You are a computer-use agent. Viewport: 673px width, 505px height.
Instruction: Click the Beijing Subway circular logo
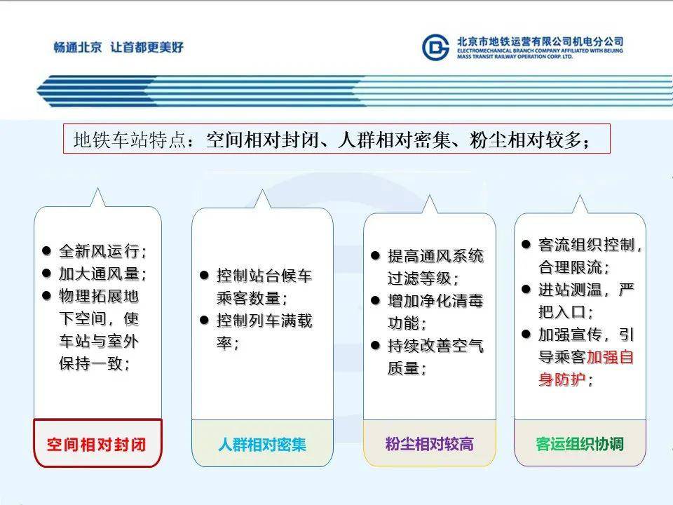coord(435,47)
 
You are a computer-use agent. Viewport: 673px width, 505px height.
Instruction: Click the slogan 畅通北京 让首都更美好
coord(118,47)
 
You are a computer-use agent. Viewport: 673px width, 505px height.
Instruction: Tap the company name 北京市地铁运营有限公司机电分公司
coord(540,41)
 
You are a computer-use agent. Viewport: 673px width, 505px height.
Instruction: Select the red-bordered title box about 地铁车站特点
coord(336,139)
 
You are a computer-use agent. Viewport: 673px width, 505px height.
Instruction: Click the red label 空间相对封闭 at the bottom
coord(97,445)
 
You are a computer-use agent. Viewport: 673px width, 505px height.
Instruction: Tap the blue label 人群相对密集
coord(262,445)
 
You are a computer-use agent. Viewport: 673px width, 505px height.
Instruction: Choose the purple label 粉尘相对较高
coord(430,444)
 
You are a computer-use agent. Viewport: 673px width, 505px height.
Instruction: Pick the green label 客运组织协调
coord(580,444)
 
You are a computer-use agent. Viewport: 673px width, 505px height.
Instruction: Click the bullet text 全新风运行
coord(102,251)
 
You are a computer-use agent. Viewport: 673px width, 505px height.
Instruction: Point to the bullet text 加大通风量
coord(102,274)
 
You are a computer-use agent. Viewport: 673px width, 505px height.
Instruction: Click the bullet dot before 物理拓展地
coord(47,295)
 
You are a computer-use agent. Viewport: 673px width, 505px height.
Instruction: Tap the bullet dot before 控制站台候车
coord(204,275)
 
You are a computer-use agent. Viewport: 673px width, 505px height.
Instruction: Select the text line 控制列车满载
coord(264,321)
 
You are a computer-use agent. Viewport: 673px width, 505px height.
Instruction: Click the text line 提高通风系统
coord(435,256)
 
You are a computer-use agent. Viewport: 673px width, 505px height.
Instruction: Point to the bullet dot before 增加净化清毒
coord(376,301)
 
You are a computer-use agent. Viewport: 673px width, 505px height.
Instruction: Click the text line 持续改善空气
coord(435,346)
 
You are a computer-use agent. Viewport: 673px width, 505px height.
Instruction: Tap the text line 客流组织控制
coord(590,245)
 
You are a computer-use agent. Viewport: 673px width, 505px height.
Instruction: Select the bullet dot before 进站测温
coord(526,290)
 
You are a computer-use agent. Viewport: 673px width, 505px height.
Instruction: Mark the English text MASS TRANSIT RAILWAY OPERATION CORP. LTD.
coord(515,56)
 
